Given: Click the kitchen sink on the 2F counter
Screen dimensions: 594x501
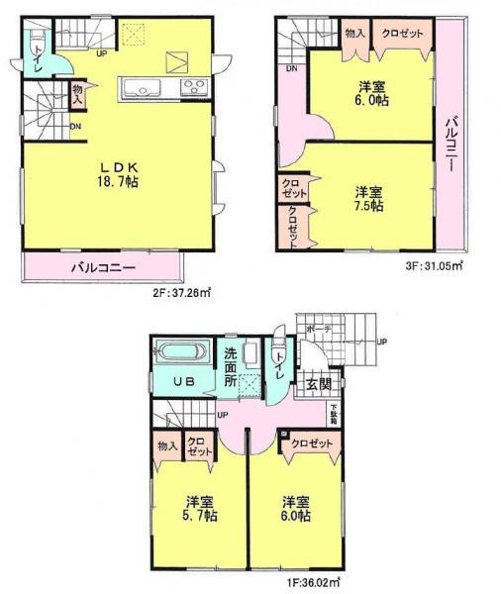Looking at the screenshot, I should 141,89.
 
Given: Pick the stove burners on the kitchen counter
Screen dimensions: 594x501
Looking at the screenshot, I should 191,86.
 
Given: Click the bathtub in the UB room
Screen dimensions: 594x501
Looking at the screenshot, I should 178,353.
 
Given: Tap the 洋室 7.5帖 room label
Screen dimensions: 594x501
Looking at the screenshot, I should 371,197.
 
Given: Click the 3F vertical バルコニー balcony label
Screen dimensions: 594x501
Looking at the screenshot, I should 449,141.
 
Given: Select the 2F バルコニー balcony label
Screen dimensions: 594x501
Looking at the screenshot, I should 102,267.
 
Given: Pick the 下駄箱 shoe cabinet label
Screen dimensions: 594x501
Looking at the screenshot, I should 335,414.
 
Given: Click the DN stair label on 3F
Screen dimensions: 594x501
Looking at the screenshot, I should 291,69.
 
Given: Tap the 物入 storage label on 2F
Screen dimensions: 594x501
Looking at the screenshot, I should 76,95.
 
